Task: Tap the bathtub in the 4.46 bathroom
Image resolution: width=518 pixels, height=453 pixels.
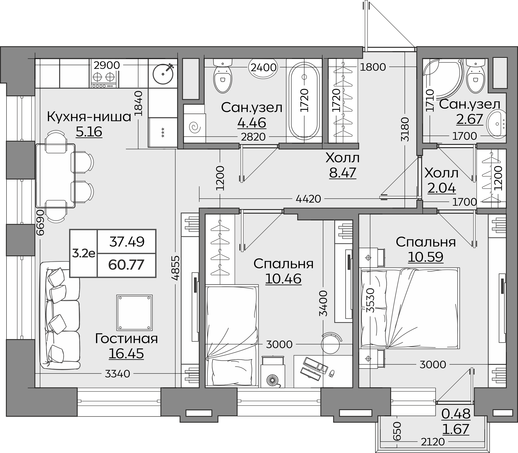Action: coord(304,101)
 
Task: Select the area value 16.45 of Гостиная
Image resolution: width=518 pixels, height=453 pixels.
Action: coord(126,354)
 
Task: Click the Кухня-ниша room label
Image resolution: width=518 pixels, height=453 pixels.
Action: coord(89,117)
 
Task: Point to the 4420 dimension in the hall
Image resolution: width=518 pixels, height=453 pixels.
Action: coord(308,199)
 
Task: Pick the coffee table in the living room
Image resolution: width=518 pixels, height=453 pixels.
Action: coord(134,313)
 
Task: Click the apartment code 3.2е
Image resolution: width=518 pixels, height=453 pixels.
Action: coord(83,253)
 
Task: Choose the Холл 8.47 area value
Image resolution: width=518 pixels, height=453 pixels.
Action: coord(342,173)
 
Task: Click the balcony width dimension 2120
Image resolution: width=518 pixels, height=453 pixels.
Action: coord(433,442)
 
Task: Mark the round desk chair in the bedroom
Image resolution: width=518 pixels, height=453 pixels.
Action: coord(331,343)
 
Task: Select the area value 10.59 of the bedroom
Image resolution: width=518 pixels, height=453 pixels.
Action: coord(426,257)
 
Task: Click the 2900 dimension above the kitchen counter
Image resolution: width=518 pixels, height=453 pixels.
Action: coord(107,65)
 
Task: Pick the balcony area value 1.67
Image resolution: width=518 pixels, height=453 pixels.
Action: coord(456,429)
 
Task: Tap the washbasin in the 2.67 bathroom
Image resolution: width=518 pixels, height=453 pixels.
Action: coord(496,125)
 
